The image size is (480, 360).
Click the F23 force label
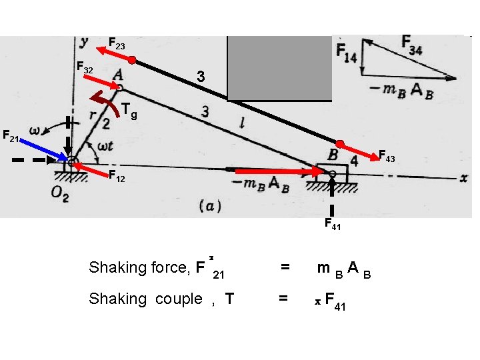pyautogui.click(x=117, y=45)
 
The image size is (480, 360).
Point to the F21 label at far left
pyautogui.click(x=10, y=137)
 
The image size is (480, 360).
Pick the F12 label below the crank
pyautogui.click(x=117, y=178)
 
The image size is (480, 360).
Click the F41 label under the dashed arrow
pyautogui.click(x=333, y=225)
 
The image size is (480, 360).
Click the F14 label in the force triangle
pyautogui.click(x=347, y=52)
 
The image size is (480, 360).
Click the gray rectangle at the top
pyautogui.click(x=279, y=67)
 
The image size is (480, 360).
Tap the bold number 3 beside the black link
pyautogui.click(x=199, y=77)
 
